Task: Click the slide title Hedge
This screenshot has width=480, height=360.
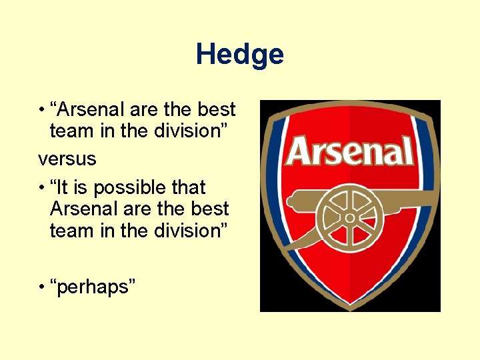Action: tap(240, 55)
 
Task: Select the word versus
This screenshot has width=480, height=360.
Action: tap(67, 159)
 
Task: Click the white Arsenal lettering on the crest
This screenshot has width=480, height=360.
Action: tap(349, 151)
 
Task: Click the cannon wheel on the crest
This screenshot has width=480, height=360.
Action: tap(350, 217)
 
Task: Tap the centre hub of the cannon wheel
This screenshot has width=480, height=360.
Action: tap(350, 217)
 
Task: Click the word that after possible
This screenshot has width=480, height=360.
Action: tap(188, 187)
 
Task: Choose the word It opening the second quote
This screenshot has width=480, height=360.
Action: tap(63, 187)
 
